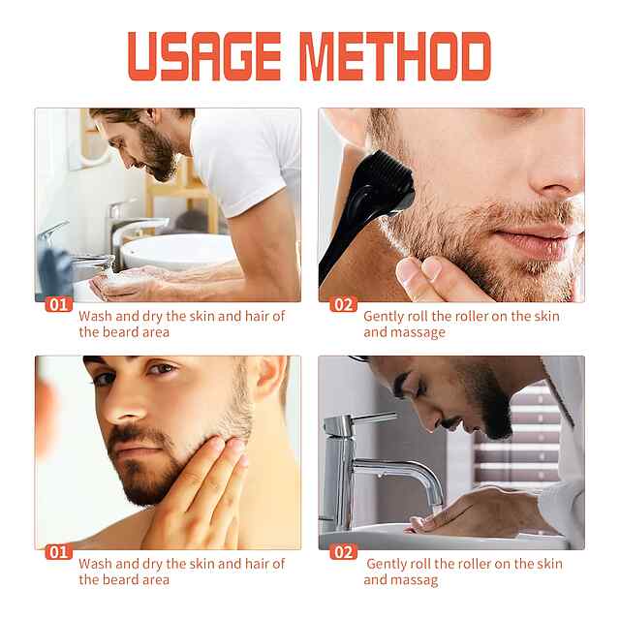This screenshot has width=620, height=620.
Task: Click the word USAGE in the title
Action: pyautogui.click(x=204, y=56)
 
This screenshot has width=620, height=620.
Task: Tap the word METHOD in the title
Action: pyautogui.click(x=395, y=56)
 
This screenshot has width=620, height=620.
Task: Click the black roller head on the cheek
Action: pyautogui.click(x=383, y=181)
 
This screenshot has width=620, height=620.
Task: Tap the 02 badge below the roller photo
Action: pyautogui.click(x=343, y=305)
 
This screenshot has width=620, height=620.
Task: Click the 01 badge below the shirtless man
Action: pyautogui.click(x=59, y=552)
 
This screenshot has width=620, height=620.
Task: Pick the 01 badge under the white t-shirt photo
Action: pyautogui.click(x=59, y=305)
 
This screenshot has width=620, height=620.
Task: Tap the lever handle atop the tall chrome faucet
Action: pyautogui.click(x=374, y=417)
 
